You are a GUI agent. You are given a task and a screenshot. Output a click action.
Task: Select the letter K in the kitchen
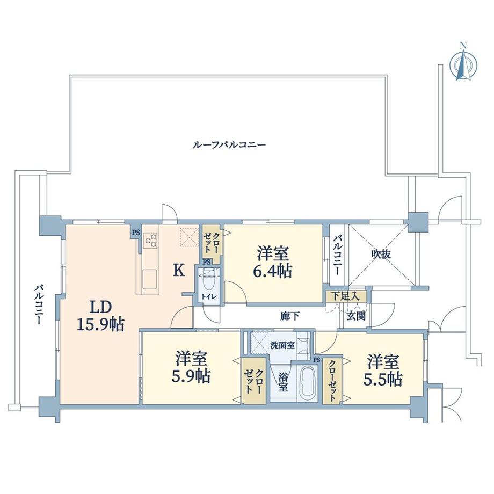(178, 270)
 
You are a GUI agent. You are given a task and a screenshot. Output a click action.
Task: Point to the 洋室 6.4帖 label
(274, 262)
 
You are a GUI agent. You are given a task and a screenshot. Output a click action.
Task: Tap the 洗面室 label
(282, 344)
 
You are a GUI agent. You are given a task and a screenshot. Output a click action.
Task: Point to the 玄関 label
(355, 316)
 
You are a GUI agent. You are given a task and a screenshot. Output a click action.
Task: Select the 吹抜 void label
(381, 254)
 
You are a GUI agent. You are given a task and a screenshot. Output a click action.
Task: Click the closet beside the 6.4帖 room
(211, 239)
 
